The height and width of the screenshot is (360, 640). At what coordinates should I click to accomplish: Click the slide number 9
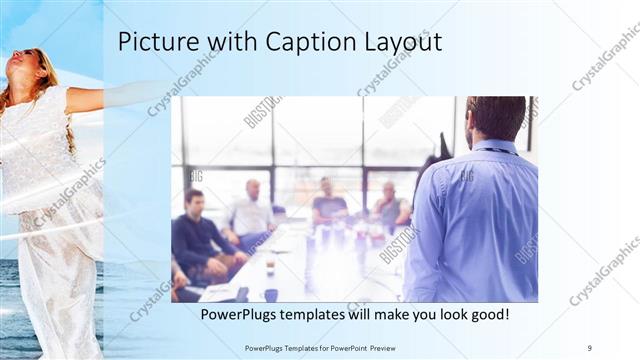(590, 347)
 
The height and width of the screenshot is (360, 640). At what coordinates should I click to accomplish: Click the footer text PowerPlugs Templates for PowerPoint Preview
(325, 347)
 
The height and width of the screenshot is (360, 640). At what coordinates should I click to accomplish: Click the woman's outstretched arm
(110, 95)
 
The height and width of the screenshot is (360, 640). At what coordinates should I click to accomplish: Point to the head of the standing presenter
(496, 118)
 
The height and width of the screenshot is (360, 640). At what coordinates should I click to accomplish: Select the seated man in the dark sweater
(196, 235)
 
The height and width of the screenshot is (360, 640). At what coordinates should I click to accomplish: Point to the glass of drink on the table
(270, 264)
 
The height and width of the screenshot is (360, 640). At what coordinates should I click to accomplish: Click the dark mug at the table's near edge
(271, 295)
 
